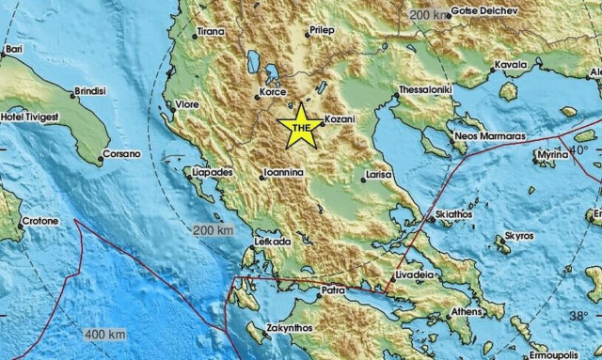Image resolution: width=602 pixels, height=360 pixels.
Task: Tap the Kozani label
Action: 339,120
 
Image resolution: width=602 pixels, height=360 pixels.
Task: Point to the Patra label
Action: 336,290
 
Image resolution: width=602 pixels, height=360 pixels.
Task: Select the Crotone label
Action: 40,221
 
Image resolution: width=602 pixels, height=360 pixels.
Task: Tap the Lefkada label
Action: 271,242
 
